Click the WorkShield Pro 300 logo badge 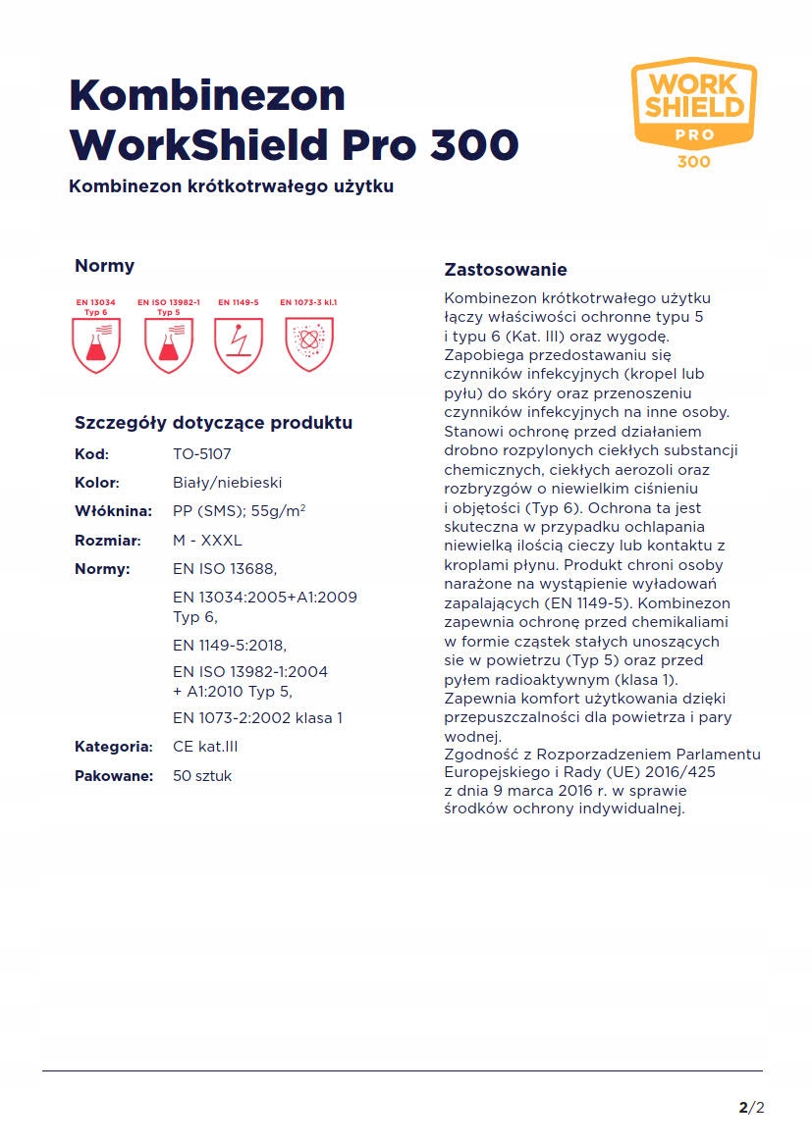693,110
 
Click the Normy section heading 104,266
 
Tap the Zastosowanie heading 506,270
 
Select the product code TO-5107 202,454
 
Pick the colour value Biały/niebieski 228,483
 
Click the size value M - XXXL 207,541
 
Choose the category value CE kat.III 205,747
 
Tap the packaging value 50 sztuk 202,776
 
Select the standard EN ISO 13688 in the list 225,569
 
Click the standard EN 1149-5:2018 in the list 230,645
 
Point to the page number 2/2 751,1109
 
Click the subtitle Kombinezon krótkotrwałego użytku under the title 231,185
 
